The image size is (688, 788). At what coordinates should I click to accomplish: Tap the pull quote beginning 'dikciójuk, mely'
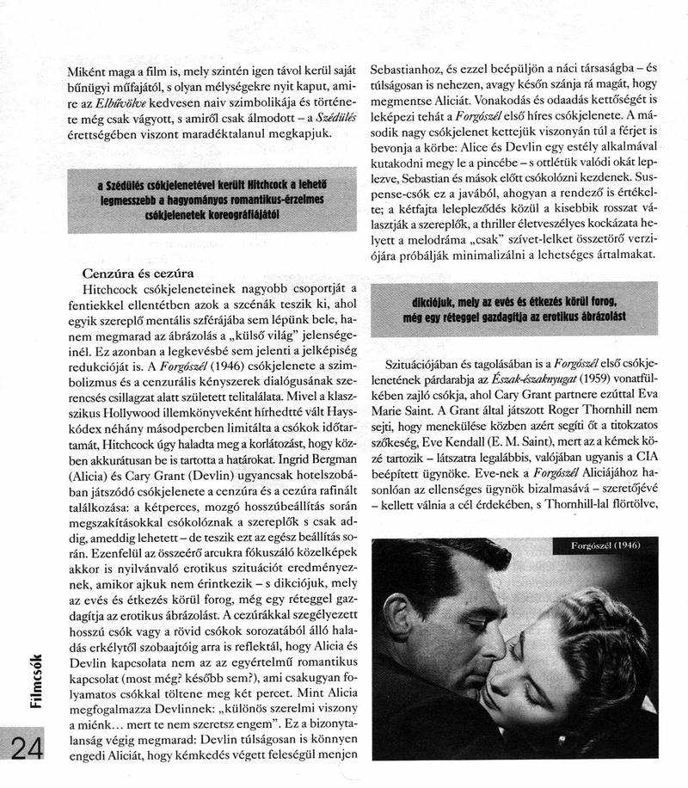(x=514, y=309)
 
